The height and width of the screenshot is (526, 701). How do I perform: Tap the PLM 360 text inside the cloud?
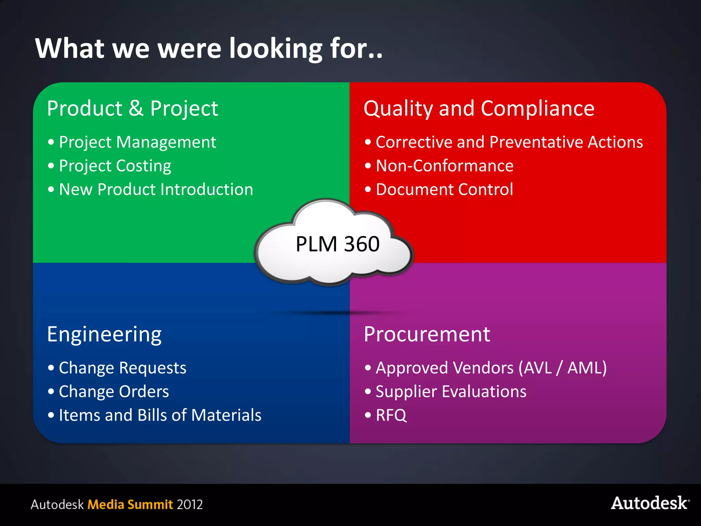click(x=337, y=244)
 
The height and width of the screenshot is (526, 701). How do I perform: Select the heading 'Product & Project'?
click(x=132, y=109)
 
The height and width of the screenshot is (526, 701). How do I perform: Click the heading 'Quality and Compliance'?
click(x=479, y=109)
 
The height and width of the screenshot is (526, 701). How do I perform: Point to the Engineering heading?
click(x=104, y=334)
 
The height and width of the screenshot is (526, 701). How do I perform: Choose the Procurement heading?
click(x=427, y=334)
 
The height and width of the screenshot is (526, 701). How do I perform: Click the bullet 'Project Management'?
click(x=137, y=142)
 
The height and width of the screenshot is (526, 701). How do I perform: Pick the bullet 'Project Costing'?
click(x=115, y=166)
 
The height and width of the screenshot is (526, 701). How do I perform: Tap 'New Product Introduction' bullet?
click(x=156, y=189)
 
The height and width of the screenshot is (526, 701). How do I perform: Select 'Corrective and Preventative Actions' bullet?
click(x=509, y=142)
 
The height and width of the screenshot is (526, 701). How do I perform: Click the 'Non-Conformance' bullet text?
click(x=444, y=166)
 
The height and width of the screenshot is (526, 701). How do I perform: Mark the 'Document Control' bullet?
click(x=444, y=189)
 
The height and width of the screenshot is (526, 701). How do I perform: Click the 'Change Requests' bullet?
click(x=123, y=368)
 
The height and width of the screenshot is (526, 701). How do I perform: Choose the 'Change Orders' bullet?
click(x=114, y=391)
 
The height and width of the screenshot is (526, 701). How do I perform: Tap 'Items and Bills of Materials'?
click(x=160, y=415)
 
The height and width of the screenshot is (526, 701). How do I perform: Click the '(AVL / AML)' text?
click(x=562, y=368)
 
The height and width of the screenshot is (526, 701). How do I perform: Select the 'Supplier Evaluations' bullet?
click(x=451, y=391)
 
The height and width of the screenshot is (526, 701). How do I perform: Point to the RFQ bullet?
click(x=391, y=415)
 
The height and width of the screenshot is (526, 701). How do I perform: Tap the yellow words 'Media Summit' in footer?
click(x=130, y=504)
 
